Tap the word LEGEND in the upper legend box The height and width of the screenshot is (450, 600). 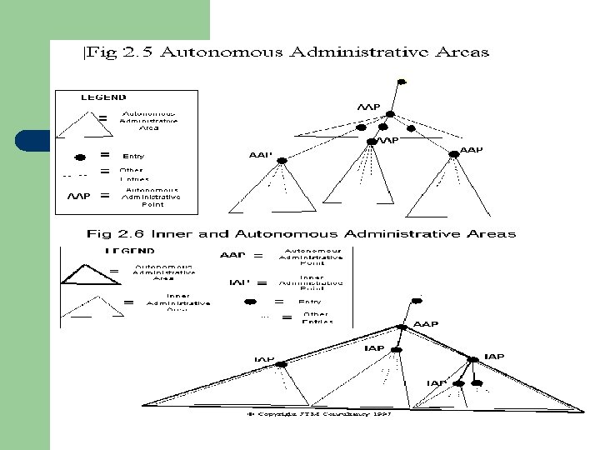pyautogui.click(x=103, y=97)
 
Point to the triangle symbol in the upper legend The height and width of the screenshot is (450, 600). pyautogui.click(x=77, y=122)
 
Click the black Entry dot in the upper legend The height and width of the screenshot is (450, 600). pyautogui.click(x=80, y=156)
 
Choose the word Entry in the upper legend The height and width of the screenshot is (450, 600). pyautogui.click(x=133, y=156)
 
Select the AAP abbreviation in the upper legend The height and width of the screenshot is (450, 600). pyautogui.click(x=78, y=197)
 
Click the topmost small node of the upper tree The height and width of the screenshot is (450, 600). pyautogui.click(x=402, y=82)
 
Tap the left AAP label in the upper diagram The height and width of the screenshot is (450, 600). pyautogui.click(x=261, y=155)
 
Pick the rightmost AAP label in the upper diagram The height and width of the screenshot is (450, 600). pyautogui.click(x=471, y=151)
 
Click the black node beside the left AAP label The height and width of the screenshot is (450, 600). pyautogui.click(x=280, y=160)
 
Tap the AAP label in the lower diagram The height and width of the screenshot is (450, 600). pyautogui.click(x=426, y=324)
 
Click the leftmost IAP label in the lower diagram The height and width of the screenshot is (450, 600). pyautogui.click(x=264, y=359)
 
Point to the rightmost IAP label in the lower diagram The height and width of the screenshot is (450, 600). pyautogui.click(x=494, y=357)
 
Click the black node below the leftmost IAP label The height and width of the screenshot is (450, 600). pyautogui.click(x=281, y=365)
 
